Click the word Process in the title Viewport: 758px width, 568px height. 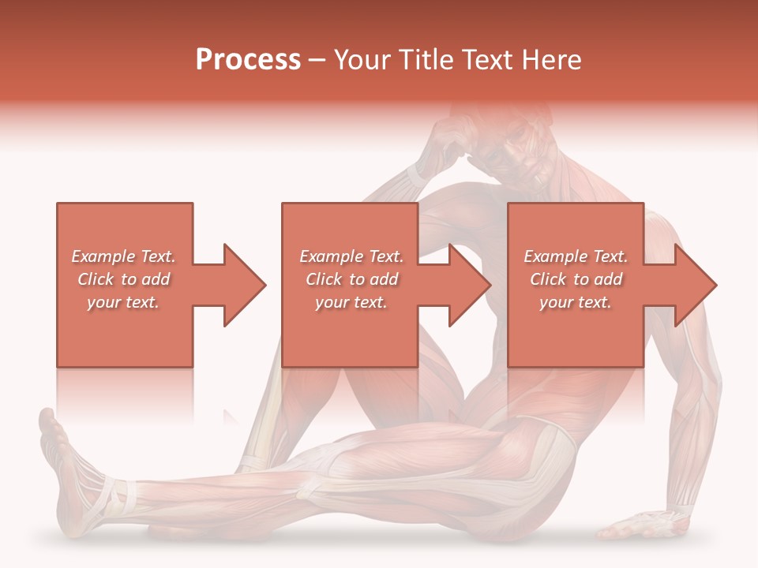[248, 59]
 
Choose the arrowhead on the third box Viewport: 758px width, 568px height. [694, 285]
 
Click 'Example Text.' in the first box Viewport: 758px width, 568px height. [124, 256]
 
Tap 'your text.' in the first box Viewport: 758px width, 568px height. [124, 302]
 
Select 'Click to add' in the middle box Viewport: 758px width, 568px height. [351, 279]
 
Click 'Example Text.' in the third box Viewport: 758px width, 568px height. [576, 256]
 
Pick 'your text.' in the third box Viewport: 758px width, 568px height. [576, 302]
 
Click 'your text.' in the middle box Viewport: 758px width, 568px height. [351, 302]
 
